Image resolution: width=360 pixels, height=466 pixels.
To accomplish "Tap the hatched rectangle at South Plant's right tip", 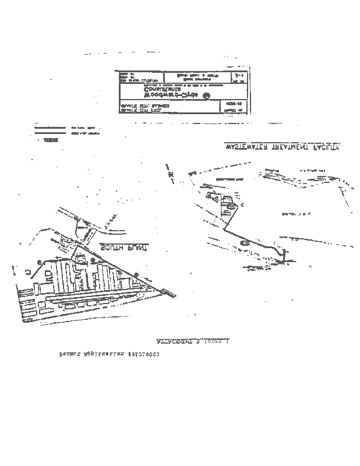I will click(168, 291).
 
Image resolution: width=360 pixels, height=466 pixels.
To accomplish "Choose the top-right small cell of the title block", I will click(238, 77).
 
